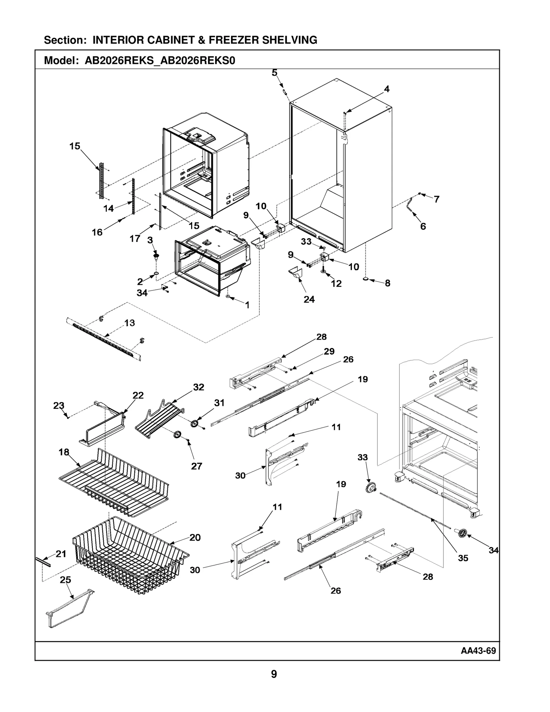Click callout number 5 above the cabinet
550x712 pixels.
pos(274,73)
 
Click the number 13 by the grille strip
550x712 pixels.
pos(130,323)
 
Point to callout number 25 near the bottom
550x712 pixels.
pos(65,580)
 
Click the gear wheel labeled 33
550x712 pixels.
pos(371,488)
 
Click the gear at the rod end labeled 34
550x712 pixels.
pos(461,533)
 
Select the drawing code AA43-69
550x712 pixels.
pos(478,650)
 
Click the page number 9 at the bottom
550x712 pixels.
pos(274,674)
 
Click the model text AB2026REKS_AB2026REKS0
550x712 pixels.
pos(160,61)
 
